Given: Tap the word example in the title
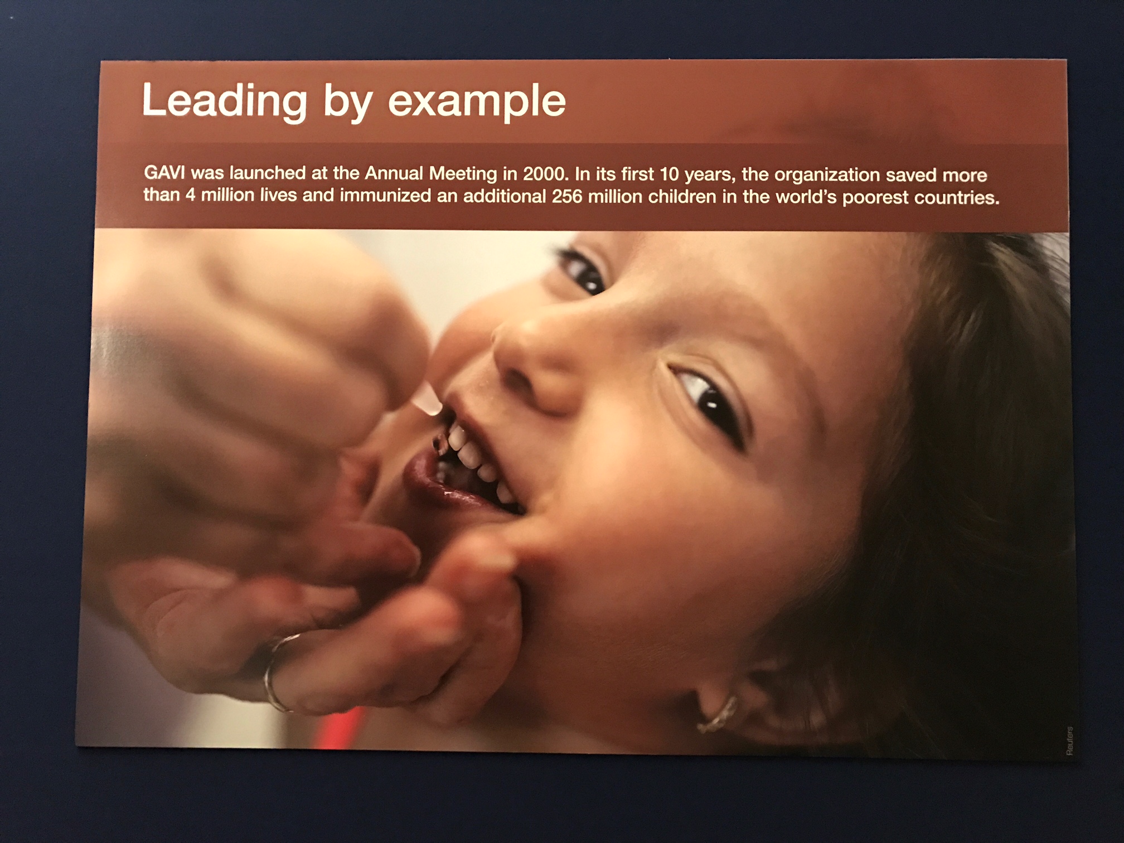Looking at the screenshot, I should tap(477, 101).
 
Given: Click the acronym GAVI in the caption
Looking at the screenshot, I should tap(164, 173).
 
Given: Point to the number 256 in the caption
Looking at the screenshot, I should tap(567, 197).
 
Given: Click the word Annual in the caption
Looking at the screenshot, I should tap(394, 173).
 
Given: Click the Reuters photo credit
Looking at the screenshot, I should tap(1069, 740).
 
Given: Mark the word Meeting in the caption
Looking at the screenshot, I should tap(462, 174).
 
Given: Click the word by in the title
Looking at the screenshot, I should tap(347, 103).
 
